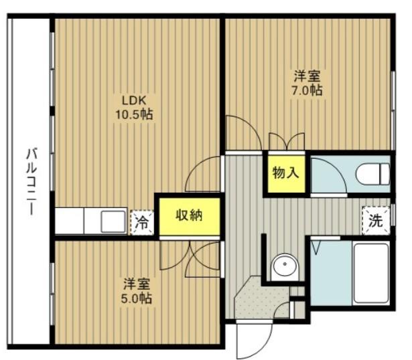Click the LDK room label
click(x=133, y=100)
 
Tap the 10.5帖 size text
click(x=134, y=114)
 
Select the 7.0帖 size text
click(x=307, y=90)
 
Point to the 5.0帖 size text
click(x=137, y=298)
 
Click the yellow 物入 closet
click(x=286, y=174)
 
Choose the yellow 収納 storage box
click(x=190, y=217)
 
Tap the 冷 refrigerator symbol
click(x=142, y=223)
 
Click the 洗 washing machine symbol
click(x=376, y=221)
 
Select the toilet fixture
click(x=373, y=173)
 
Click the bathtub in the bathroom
click(x=370, y=273)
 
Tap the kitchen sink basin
click(x=113, y=221)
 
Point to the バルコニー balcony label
click(x=31, y=181)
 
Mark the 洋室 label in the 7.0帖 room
click(x=307, y=76)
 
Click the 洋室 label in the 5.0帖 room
click(x=137, y=284)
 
